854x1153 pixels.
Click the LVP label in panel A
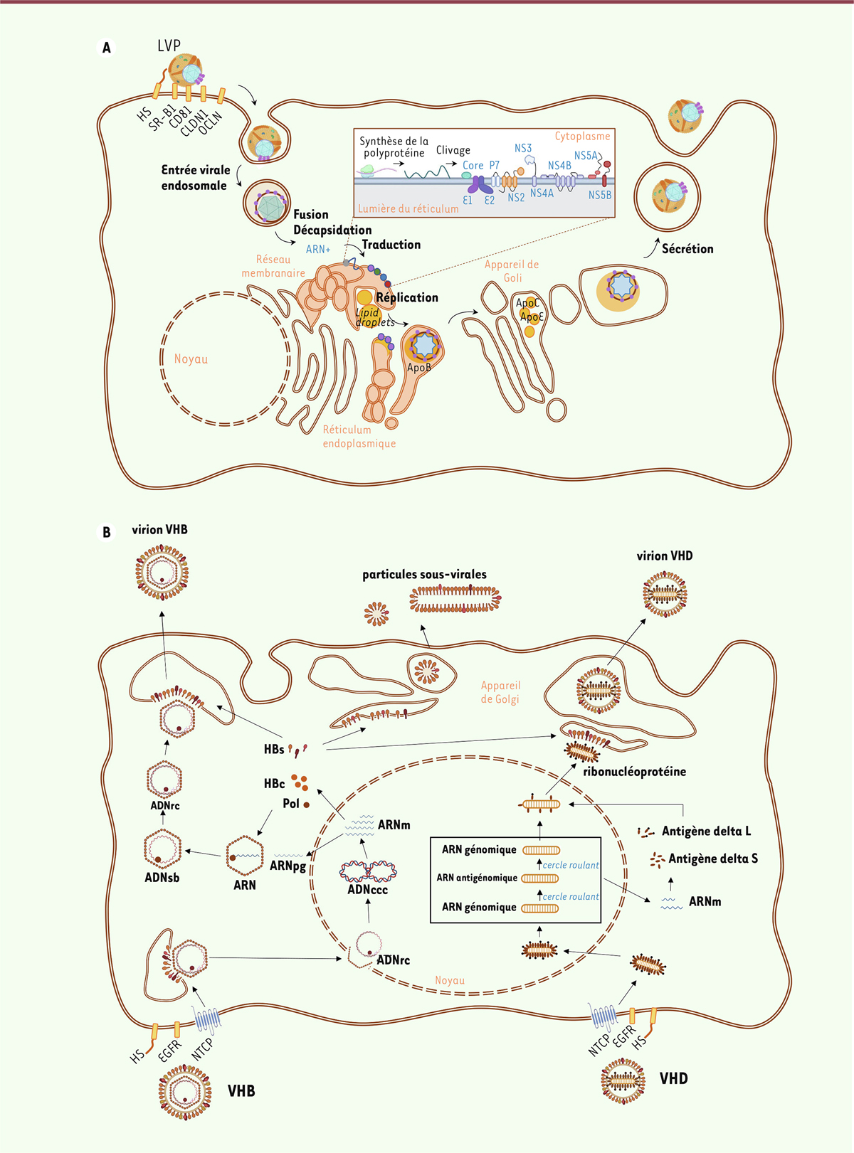[169, 46]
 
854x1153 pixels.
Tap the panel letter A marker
[107, 48]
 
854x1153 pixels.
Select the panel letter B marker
[107, 532]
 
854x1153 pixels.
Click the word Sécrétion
[687, 249]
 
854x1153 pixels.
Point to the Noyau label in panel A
[191, 359]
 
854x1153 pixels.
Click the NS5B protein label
[599, 195]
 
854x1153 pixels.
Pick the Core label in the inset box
[473, 165]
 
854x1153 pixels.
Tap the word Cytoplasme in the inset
[582, 136]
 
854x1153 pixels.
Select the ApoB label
[419, 368]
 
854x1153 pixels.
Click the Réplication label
[407, 297]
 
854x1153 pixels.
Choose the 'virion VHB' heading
[159, 530]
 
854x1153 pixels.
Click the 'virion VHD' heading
[664, 556]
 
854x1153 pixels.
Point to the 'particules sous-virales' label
[424, 574]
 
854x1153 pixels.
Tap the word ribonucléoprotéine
[634, 772]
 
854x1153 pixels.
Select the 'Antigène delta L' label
[706, 831]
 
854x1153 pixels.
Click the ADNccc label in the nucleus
[367, 890]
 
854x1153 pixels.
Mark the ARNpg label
[288, 866]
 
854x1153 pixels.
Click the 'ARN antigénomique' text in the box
[477, 878]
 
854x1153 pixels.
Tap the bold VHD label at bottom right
[673, 1079]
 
